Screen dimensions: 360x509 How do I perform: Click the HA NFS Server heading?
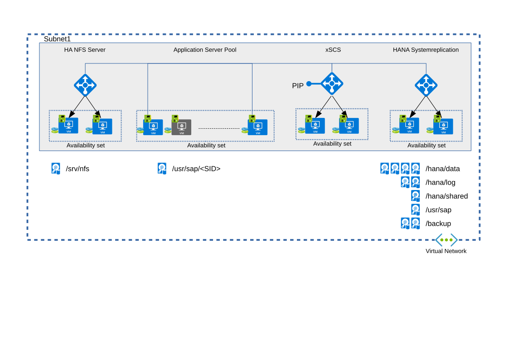pyautogui.click(x=85, y=50)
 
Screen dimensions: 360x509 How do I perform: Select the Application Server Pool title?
pyautogui.click(x=205, y=50)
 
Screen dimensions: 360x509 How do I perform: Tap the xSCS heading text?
pyautogui.click(x=333, y=50)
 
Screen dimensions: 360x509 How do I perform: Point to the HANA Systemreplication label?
pyautogui.click(x=426, y=50)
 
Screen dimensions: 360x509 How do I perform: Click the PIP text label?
pyautogui.click(x=298, y=86)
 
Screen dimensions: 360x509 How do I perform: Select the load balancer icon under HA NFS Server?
pyautogui.click(x=85, y=85)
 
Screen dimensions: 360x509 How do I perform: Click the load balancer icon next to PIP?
pyautogui.click(x=332, y=83)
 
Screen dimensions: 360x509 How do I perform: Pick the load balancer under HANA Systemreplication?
pyautogui.click(x=426, y=85)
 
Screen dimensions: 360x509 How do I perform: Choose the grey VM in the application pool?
pyautogui.click(x=181, y=127)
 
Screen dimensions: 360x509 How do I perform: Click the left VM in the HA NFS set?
pyautogui.click(x=68, y=126)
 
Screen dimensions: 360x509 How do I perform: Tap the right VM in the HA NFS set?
pyautogui.click(x=102, y=126)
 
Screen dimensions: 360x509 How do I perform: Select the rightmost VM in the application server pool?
pyautogui.click(x=257, y=127)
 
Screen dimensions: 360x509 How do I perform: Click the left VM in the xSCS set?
pyautogui.click(x=315, y=126)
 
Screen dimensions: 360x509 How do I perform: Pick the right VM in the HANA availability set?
pyautogui.click(x=443, y=126)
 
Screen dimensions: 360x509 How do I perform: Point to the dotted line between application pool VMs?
pyautogui.click(x=219, y=128)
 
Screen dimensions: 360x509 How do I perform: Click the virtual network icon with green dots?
pyautogui.click(x=446, y=240)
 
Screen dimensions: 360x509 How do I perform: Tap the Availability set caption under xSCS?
pyautogui.click(x=332, y=144)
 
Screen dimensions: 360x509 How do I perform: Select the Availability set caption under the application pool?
pyautogui.click(x=206, y=146)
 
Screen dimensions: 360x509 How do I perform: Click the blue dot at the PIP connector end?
pyautogui.click(x=309, y=84)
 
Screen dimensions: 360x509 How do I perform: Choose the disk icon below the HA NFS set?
pyautogui.click(x=56, y=168)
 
